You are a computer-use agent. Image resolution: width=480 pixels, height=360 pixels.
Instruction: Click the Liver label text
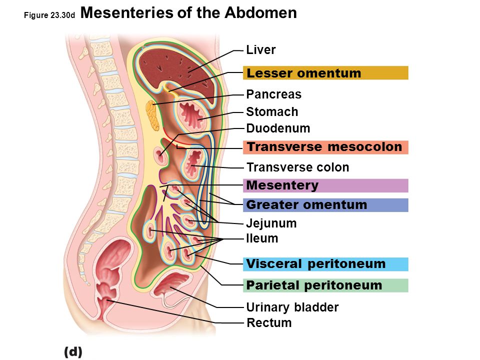point(261,50)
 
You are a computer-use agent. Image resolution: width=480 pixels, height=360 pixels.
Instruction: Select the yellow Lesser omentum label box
point(325,73)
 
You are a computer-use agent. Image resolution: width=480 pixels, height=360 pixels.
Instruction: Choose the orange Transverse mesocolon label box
point(325,147)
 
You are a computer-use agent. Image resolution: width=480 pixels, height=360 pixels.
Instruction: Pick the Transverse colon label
point(298,167)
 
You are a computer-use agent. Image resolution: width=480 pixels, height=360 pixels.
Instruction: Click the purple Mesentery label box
point(325,185)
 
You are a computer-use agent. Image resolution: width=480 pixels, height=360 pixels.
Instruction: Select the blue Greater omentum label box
point(325,205)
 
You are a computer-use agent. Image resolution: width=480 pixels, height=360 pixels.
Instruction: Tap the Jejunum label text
point(271,223)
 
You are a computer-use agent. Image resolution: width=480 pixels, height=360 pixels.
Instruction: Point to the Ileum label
point(262,238)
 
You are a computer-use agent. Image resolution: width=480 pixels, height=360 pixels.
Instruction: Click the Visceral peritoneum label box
point(325,264)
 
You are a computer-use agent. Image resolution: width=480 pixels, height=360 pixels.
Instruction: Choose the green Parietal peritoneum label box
point(325,285)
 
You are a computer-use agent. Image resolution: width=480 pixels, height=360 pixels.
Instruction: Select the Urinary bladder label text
point(292,307)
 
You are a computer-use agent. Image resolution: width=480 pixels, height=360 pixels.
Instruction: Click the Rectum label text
point(269,323)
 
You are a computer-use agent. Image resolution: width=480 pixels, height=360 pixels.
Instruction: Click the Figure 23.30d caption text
point(49,16)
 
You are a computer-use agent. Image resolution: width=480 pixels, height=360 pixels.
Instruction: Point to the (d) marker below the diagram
point(73,351)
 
